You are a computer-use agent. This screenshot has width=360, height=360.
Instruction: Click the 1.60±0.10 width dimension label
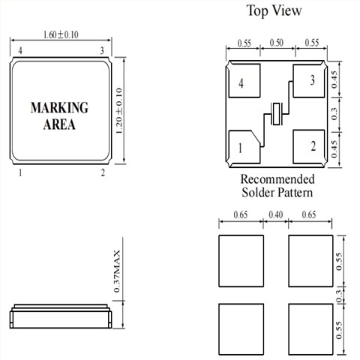pyautogui.click(x=61, y=34)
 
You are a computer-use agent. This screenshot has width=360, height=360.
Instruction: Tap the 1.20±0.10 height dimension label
pyautogui.click(x=119, y=111)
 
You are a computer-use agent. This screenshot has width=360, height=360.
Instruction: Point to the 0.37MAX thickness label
pyautogui.click(x=117, y=271)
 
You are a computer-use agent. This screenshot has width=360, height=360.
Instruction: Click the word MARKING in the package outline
pyautogui.click(x=59, y=107)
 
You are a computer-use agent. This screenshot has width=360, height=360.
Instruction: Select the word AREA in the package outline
pyautogui.click(x=59, y=124)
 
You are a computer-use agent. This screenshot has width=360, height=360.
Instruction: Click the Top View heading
pyautogui.click(x=274, y=10)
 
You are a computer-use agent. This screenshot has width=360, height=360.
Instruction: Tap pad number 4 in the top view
pyautogui.click(x=244, y=80)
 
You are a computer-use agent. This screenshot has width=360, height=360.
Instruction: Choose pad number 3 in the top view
pyautogui.click(x=309, y=81)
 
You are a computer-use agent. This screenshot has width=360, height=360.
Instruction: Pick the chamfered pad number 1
pyautogui.click(x=244, y=147)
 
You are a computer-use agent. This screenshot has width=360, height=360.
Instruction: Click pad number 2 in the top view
pyautogui.click(x=309, y=146)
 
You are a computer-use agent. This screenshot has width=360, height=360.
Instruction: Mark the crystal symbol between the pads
pyautogui.click(x=277, y=114)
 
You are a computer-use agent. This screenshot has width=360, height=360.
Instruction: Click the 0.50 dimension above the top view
pyautogui.click(x=277, y=43)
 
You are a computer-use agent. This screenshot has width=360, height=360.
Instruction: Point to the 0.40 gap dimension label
pyautogui.click(x=276, y=214)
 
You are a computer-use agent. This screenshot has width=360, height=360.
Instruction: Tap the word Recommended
pyautogui.click(x=277, y=179)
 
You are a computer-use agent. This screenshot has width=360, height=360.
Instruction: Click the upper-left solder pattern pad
pyautogui.click(x=241, y=261)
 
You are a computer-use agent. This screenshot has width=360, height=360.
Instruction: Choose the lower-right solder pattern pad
pyautogui.click(x=310, y=329)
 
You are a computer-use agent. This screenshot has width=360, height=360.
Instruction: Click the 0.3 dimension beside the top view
pyautogui.click(x=334, y=114)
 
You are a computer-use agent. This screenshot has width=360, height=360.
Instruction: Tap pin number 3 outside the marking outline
pyautogui.click(x=102, y=51)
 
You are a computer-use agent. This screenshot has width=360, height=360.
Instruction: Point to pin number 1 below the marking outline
pyautogui.click(x=20, y=172)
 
